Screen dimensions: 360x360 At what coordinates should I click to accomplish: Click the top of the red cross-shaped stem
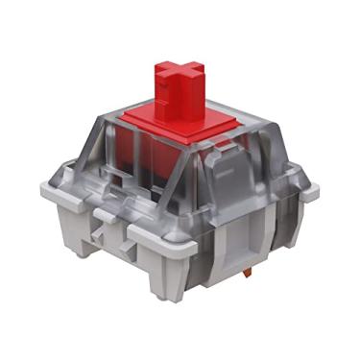pyautogui.click(x=178, y=70)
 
